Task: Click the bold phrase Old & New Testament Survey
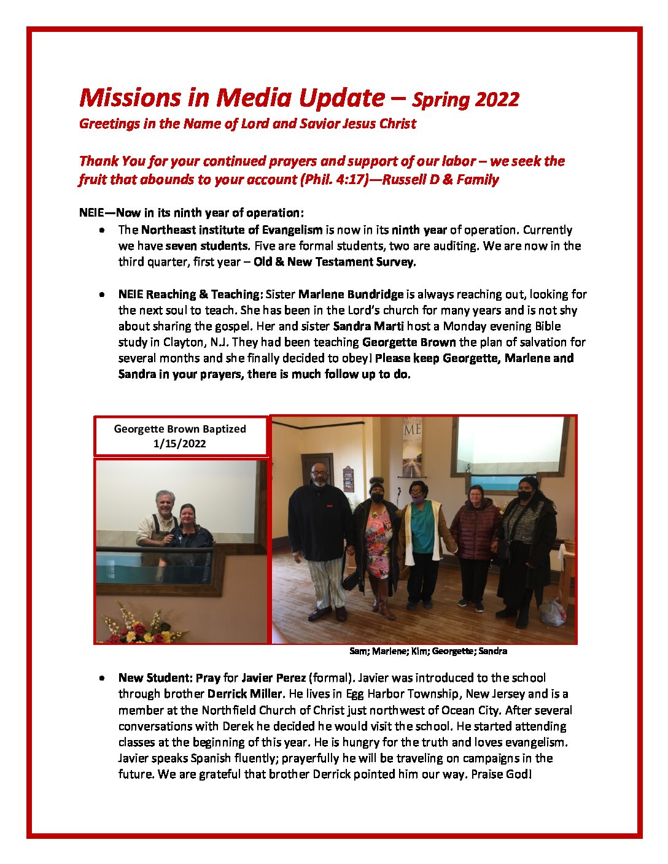coord(335,262)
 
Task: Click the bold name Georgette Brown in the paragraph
coord(409,342)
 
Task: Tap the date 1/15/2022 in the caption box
coord(179,444)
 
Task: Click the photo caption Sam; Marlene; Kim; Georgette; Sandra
coord(428,651)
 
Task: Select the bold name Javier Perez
coord(273,678)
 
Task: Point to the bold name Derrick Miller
coord(244,694)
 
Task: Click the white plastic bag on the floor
coord(553,612)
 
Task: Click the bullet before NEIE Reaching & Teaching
coord(101,295)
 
